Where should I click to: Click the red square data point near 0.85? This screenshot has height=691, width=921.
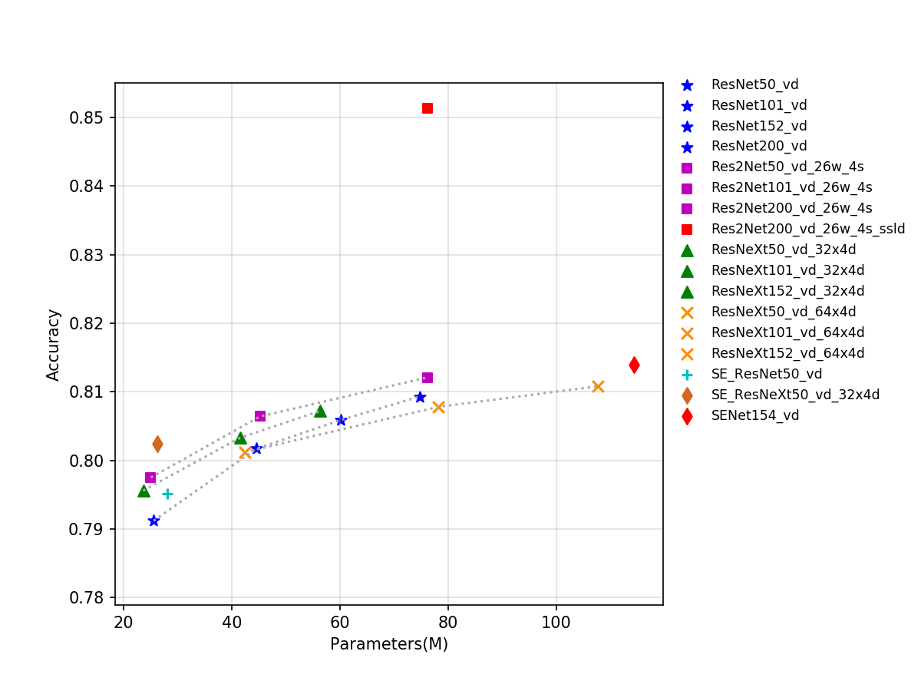click(x=427, y=108)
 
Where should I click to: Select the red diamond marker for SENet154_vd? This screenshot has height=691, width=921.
click(x=634, y=365)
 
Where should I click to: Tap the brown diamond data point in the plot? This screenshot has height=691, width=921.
click(x=157, y=444)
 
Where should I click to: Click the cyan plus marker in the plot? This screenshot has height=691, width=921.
click(x=167, y=494)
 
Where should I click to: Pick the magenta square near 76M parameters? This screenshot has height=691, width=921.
click(x=427, y=378)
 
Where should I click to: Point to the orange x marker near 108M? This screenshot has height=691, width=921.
click(x=598, y=386)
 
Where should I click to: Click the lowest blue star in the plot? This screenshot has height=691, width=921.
click(x=153, y=521)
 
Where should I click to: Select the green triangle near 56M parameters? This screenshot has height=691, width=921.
click(x=320, y=412)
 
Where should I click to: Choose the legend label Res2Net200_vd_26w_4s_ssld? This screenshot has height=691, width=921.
click(x=807, y=229)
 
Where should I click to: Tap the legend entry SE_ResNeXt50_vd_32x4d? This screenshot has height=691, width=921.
click(x=795, y=395)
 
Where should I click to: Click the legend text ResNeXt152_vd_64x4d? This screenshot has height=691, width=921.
click(x=787, y=353)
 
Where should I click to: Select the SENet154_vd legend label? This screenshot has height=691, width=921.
click(x=754, y=415)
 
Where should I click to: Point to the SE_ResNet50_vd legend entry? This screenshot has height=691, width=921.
click(x=766, y=374)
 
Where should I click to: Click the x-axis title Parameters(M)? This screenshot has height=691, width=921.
click(x=388, y=644)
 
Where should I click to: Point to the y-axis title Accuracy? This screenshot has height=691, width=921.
click(x=53, y=344)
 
